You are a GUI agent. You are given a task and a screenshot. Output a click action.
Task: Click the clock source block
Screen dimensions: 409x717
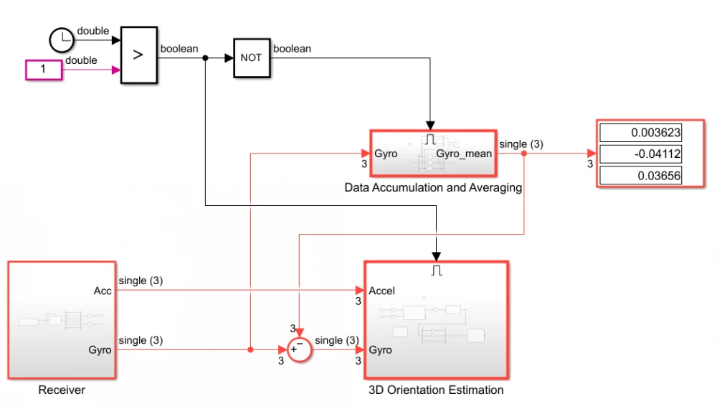tap(62, 40)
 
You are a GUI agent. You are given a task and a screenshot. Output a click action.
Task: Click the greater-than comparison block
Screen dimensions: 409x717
tap(138, 56)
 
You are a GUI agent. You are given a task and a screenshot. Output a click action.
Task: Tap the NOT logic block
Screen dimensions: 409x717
tap(251, 58)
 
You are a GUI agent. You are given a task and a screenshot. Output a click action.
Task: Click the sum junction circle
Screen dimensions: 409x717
tap(298, 349)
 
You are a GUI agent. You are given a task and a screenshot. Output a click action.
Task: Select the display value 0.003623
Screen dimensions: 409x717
tap(640, 133)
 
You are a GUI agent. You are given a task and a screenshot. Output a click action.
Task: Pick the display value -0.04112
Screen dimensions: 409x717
tap(640, 154)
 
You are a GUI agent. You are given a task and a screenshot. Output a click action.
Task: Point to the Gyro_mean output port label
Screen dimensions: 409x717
tap(464, 154)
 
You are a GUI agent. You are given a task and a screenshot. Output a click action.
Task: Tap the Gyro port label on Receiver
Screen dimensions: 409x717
tap(100, 349)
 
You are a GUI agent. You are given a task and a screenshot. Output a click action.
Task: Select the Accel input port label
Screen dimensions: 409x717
tap(381, 291)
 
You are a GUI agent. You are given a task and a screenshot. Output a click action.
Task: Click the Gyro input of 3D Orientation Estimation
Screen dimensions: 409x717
tap(380, 349)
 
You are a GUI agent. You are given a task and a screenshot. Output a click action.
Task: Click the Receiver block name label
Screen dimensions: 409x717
tap(62, 390)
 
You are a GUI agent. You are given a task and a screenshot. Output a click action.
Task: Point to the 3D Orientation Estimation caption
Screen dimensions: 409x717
tap(436, 390)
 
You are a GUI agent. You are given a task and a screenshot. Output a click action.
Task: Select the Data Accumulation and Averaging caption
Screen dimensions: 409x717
tap(433, 188)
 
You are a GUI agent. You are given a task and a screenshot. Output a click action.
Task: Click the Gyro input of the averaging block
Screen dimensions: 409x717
tap(386, 154)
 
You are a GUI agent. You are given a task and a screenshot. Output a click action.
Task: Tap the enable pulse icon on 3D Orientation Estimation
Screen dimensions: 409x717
tap(437, 271)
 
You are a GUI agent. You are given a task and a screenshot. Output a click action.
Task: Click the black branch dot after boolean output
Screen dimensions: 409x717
tap(206, 58)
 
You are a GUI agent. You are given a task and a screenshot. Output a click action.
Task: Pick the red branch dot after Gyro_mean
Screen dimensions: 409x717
tap(525, 154)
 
